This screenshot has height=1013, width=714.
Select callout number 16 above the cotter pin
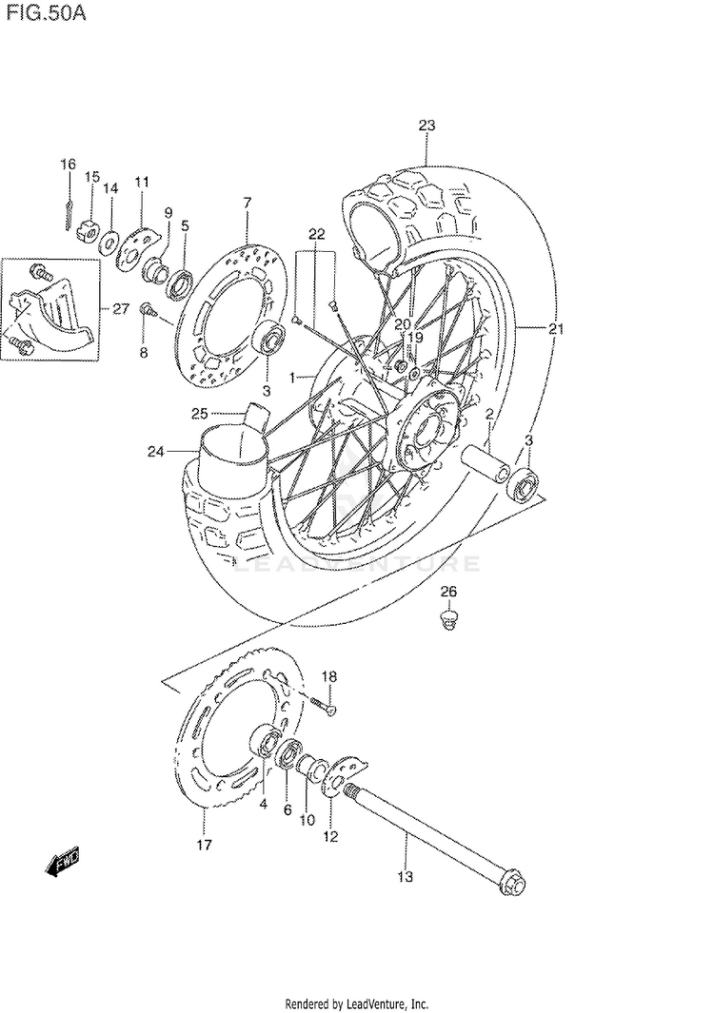click(x=68, y=166)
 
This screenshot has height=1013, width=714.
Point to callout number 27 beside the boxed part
click(x=120, y=309)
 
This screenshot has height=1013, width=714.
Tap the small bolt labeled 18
click(x=326, y=705)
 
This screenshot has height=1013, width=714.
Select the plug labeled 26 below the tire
click(x=449, y=619)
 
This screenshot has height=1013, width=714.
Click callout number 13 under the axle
click(x=406, y=877)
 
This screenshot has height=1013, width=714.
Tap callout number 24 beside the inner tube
click(x=156, y=451)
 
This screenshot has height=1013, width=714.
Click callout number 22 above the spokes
click(x=316, y=233)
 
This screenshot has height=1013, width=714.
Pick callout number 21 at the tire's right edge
click(x=557, y=329)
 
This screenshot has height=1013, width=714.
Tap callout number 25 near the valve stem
click(x=199, y=414)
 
